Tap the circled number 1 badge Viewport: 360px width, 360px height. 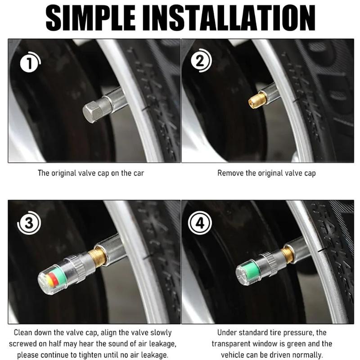tap(29, 63)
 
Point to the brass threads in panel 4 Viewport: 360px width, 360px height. tap(287, 255)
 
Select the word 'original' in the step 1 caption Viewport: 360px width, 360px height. tap(67, 173)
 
